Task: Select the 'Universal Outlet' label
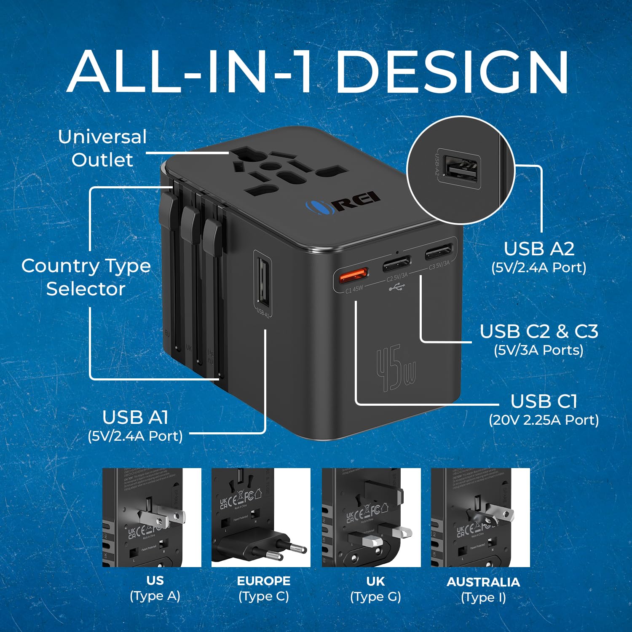(x=102, y=148)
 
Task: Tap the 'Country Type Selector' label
(x=86, y=277)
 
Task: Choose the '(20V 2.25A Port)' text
(x=544, y=420)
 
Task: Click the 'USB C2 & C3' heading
(x=539, y=332)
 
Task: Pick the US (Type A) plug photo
(x=152, y=517)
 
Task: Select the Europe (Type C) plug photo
(x=261, y=517)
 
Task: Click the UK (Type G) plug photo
(x=371, y=517)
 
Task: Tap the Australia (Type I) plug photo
(x=480, y=517)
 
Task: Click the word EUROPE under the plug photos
(x=264, y=581)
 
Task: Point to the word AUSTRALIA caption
(x=483, y=582)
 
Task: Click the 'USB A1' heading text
(x=135, y=418)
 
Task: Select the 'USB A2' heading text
(x=539, y=249)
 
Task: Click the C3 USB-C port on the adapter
(x=438, y=254)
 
